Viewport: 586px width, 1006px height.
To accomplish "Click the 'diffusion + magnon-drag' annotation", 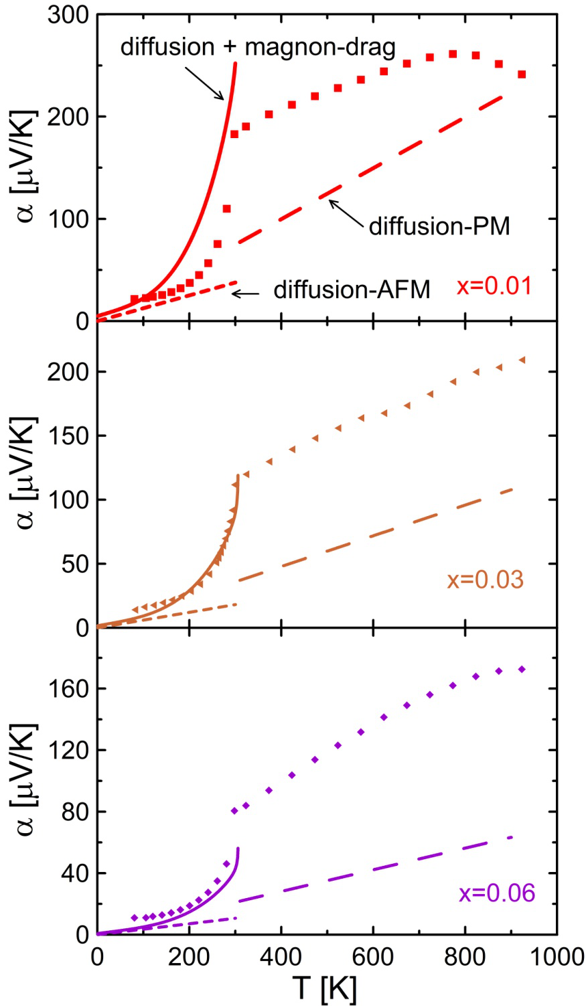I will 258,47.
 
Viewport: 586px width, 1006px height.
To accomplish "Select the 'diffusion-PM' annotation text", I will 439,226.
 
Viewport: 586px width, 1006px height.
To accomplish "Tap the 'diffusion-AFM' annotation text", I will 352,290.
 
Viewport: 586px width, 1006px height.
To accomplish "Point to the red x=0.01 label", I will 494,286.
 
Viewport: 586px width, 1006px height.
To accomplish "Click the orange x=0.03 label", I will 485,579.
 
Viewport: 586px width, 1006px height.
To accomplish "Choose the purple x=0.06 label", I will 497,893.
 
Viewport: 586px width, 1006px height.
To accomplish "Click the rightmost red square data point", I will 522,74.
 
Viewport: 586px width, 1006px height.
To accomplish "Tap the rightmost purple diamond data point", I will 522,670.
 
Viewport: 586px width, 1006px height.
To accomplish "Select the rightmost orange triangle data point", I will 522,361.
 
